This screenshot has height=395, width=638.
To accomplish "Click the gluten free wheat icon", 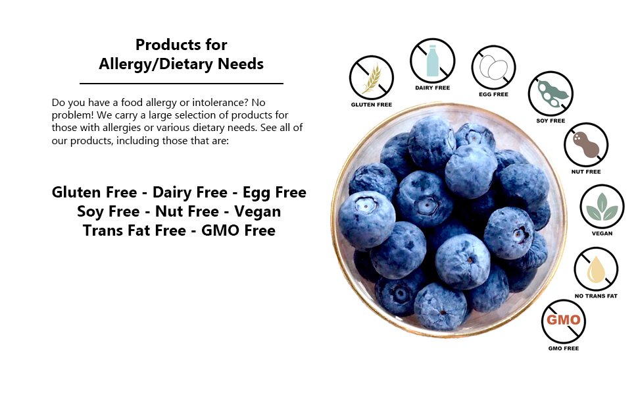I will tap(372, 77).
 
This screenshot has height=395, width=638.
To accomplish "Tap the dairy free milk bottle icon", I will tap(432, 60).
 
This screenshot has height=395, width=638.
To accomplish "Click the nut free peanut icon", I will tap(586, 145).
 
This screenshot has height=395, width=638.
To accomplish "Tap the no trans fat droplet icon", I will tap(596, 269).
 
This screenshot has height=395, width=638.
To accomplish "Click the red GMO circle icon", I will tap(563, 321).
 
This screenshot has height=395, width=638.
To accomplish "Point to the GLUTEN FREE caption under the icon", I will tap(372, 105).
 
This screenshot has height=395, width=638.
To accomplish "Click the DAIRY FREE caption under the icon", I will tap(432, 88).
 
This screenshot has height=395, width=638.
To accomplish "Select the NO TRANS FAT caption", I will tap(596, 296).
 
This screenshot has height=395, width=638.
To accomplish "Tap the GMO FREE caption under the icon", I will tap(563, 348).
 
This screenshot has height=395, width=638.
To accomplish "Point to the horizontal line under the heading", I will tap(181, 84).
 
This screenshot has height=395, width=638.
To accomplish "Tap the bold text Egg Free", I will tap(274, 193).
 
